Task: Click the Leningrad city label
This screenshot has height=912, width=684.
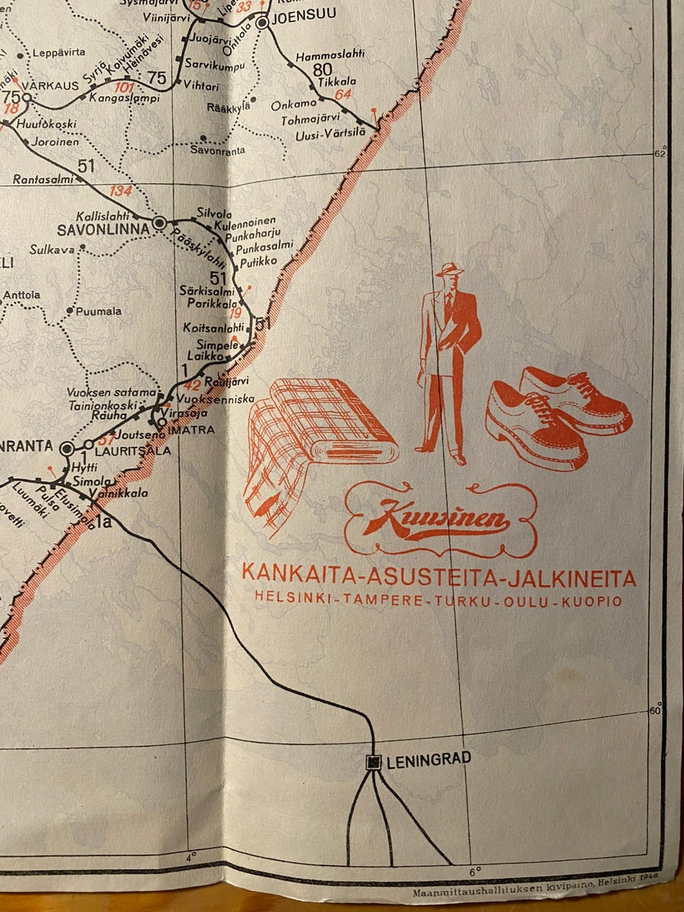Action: coord(429,760)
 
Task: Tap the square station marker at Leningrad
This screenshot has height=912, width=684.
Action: coord(373,762)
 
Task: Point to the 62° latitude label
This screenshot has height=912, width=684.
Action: coord(663,151)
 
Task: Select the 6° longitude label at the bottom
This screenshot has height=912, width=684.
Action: coord(475,870)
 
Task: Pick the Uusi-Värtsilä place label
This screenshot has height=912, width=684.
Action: coord(330,133)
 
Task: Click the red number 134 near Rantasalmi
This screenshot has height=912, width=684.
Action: coord(120,191)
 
